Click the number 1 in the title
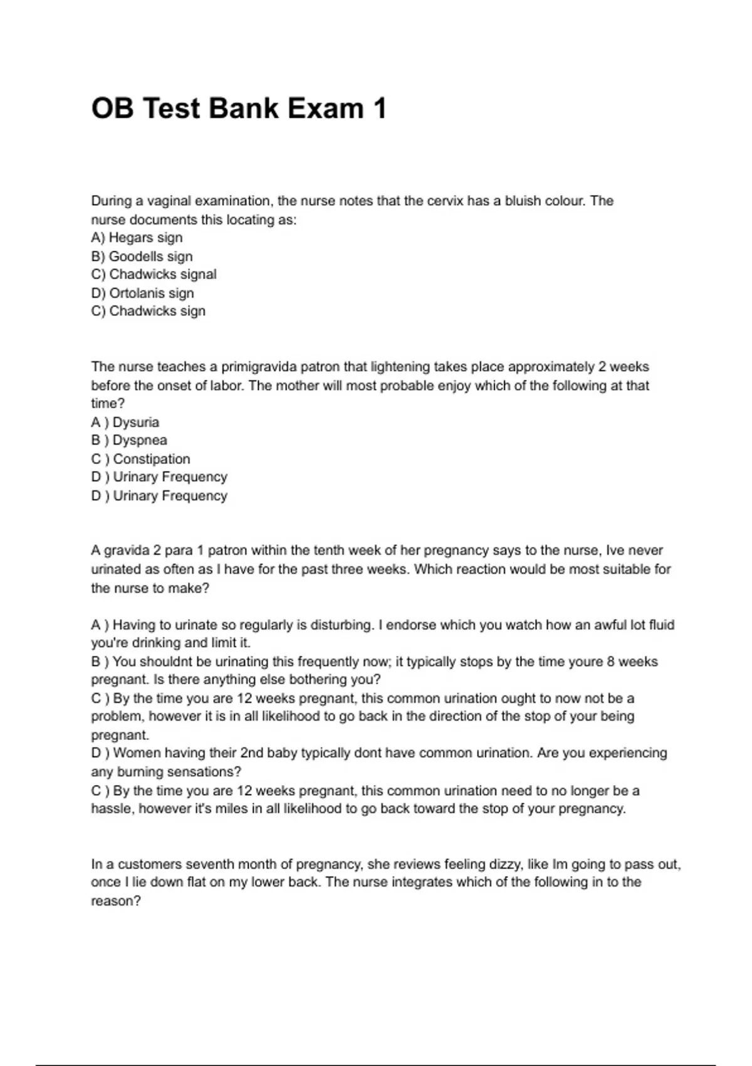tap(379, 108)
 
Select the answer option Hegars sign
tap(137, 238)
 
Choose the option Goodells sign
tap(142, 256)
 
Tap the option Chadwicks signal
tap(154, 275)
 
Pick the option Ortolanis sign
tap(143, 293)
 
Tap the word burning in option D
tap(133, 771)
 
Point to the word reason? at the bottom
tap(116, 901)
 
